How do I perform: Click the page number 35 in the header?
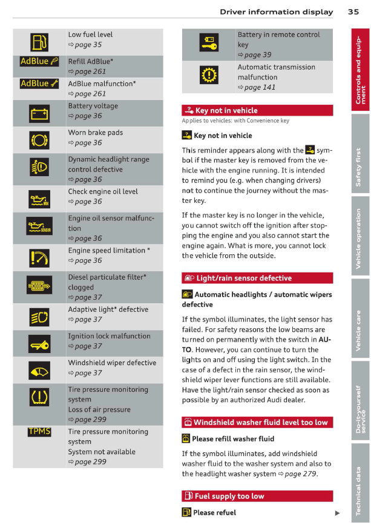pyautogui.click(x=354, y=12)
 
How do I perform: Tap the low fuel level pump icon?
pyautogui.click(x=39, y=41)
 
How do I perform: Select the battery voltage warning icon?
pyautogui.click(x=39, y=113)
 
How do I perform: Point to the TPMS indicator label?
pyautogui.click(x=39, y=432)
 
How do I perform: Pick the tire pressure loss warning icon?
pyautogui.click(x=39, y=398)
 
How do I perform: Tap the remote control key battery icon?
pyautogui.click(x=208, y=42)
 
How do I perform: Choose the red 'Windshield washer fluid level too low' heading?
pyautogui.click(x=257, y=422)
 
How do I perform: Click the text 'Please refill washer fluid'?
pyautogui.click(x=233, y=439)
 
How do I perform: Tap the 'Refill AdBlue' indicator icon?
pyautogui.click(x=39, y=61)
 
